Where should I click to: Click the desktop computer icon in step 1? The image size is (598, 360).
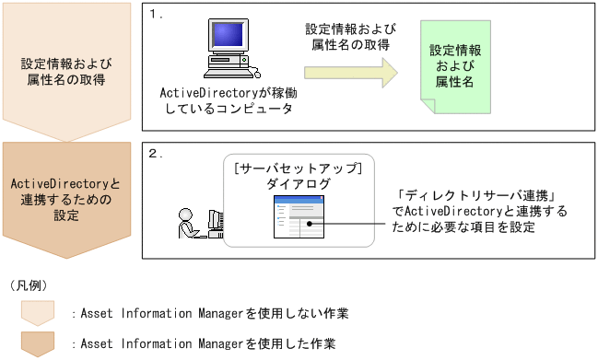[228, 51]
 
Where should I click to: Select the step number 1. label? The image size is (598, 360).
[157, 17]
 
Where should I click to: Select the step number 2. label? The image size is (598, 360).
[157, 153]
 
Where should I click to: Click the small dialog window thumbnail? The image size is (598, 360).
[296, 222]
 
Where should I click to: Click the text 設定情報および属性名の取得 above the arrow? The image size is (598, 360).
[346, 37]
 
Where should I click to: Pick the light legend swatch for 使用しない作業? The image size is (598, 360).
[37, 313]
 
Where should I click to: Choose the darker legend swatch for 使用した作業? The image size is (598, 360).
[37, 343]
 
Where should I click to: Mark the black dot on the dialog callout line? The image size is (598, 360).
[311, 221]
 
